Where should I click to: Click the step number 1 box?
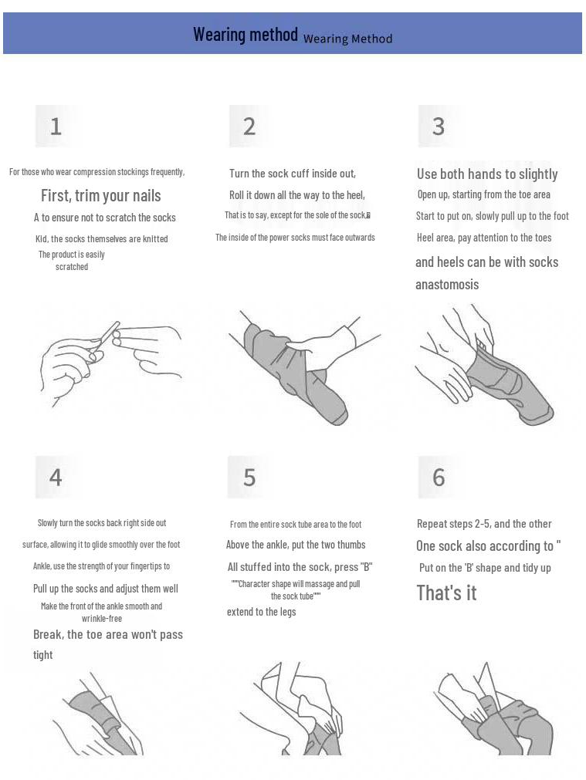[x=56, y=126]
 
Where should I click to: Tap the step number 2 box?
[x=249, y=126]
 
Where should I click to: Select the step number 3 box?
[x=438, y=126]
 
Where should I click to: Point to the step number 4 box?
[x=56, y=477]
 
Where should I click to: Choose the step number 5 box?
[x=249, y=477]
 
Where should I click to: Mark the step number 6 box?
[x=438, y=477]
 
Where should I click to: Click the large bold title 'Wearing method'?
[x=246, y=34]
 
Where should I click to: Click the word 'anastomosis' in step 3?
[x=447, y=285]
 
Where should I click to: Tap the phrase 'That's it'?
[x=446, y=593]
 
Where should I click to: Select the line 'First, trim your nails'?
[x=100, y=195]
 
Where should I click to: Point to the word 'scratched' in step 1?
[x=72, y=267]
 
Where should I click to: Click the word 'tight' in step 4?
[x=42, y=655]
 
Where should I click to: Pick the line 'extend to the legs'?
[x=262, y=612]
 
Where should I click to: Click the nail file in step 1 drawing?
[x=106, y=336]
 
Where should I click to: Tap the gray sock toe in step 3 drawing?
[x=540, y=414]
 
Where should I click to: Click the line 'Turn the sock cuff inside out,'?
[x=293, y=174]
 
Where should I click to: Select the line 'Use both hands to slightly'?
[x=487, y=174]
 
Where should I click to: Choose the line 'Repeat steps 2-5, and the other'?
[x=484, y=524]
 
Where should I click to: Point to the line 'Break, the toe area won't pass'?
[x=108, y=634]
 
